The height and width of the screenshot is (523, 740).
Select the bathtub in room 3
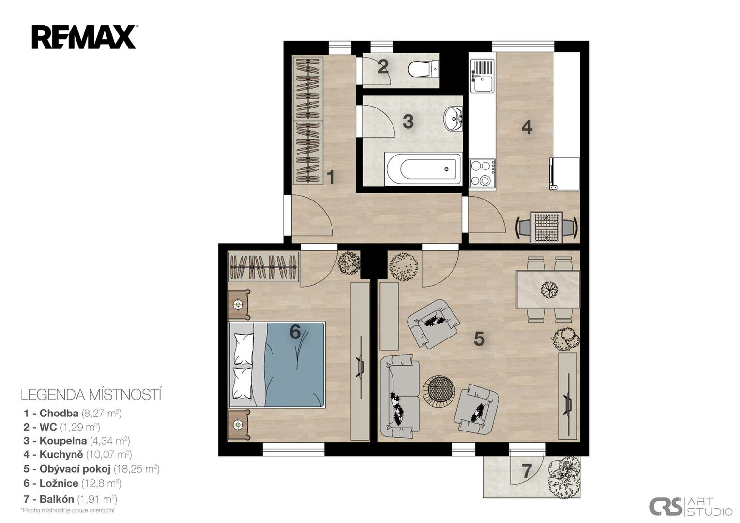pyautogui.click(x=423, y=169)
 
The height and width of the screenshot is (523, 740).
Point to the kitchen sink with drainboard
pyautogui.click(x=483, y=76)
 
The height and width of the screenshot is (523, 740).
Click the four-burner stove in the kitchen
pyautogui.click(x=483, y=173)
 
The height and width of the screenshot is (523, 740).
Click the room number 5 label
pyautogui.click(x=479, y=339)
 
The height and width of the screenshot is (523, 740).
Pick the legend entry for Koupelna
pyautogui.click(x=76, y=441)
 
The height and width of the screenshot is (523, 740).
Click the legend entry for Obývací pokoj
pyautogui.click(x=91, y=469)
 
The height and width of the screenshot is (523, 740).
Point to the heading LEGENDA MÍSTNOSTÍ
pyautogui.click(x=91, y=395)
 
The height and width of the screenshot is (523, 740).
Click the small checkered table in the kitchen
pyautogui.click(x=546, y=228)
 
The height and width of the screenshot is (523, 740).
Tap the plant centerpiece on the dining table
pyautogui.click(x=549, y=290)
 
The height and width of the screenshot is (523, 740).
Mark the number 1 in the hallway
pyautogui.click(x=331, y=177)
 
